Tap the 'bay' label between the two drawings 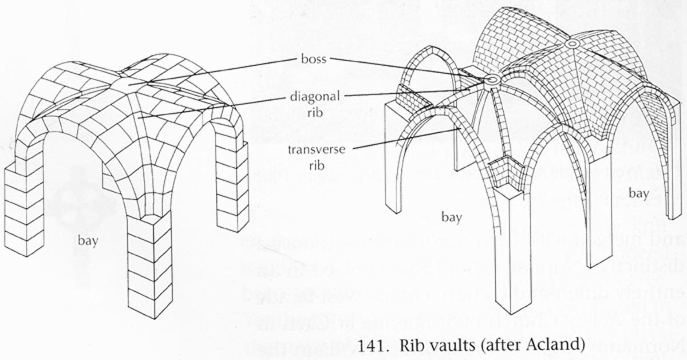click(x=451, y=217)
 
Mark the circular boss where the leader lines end click(x=491, y=81)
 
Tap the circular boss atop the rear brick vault click(x=571, y=43)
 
